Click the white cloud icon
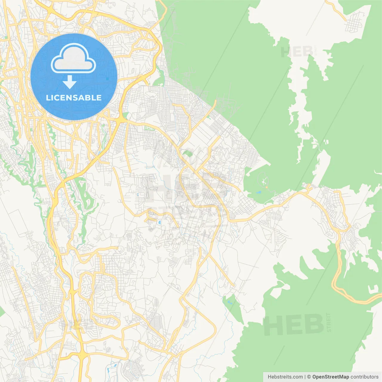73,58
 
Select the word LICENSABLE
74,98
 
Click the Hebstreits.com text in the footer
285,377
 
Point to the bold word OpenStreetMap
330,377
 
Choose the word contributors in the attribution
364,377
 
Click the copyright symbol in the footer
309,377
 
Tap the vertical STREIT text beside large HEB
329,323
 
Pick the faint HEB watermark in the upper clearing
297,52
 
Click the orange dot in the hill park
267,187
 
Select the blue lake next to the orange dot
258,192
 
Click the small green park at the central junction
187,154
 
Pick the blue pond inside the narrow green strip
229,302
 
